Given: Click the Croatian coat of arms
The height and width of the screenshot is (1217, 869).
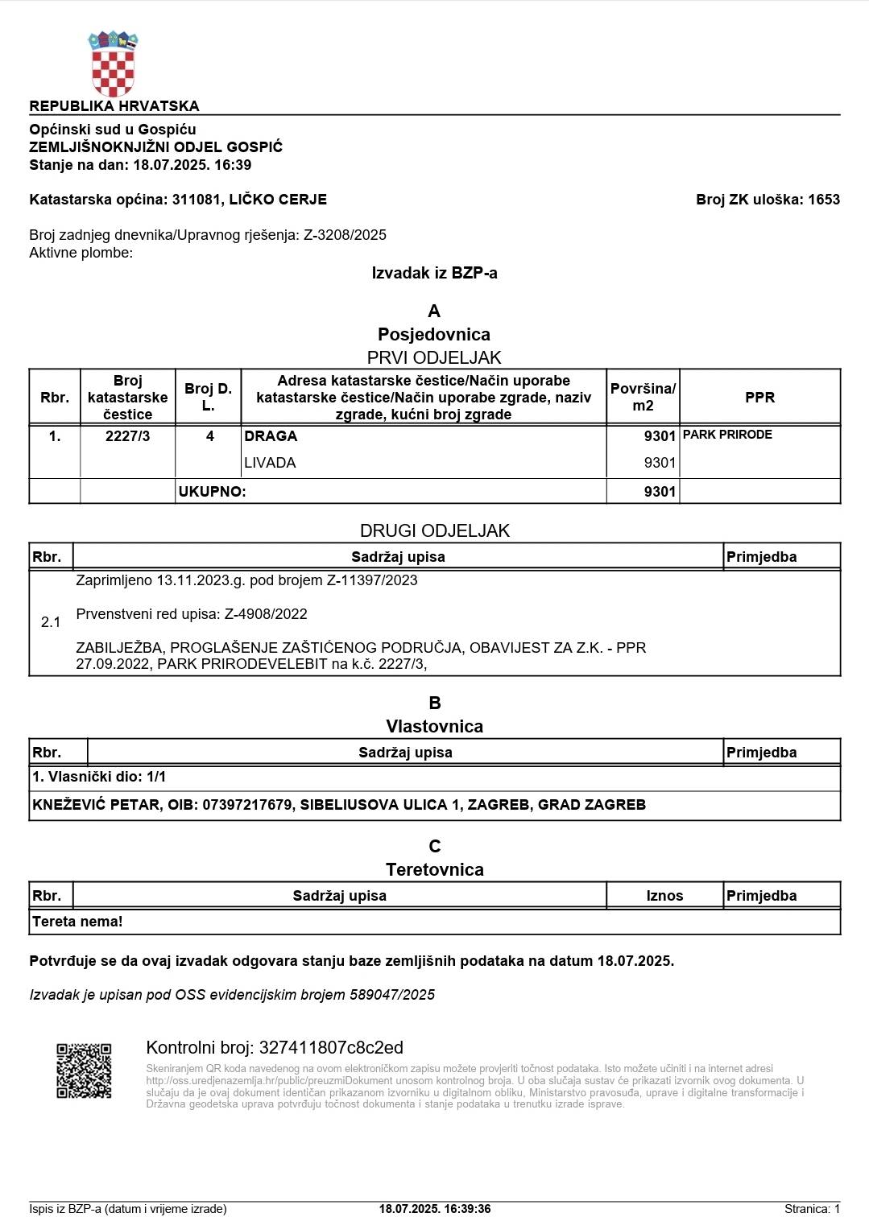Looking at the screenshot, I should (x=113, y=64).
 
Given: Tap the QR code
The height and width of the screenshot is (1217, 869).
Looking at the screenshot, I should (x=84, y=1071).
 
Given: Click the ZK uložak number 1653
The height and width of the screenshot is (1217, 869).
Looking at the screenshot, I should (x=823, y=200).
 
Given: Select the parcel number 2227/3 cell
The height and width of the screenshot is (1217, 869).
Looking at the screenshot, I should (x=127, y=436).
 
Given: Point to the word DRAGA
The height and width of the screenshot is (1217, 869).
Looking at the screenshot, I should (x=271, y=436).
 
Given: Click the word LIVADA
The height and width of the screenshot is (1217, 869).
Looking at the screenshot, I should (x=270, y=463).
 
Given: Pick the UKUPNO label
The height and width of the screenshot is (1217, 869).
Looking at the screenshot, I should (x=212, y=492).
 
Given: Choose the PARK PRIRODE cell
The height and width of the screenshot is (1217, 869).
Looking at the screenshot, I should (x=727, y=435).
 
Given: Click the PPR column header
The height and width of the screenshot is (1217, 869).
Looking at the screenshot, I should (x=759, y=398).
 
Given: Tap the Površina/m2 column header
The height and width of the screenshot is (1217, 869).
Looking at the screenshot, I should (x=643, y=398).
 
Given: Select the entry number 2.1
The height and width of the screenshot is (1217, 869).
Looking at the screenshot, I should (x=51, y=622).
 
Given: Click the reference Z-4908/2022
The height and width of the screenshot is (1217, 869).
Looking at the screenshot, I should (x=266, y=614).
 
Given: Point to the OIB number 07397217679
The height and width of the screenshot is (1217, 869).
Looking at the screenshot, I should (x=247, y=805).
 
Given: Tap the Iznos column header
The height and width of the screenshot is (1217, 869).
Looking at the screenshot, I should (x=664, y=896).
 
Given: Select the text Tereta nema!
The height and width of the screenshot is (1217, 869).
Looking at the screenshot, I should (x=77, y=922).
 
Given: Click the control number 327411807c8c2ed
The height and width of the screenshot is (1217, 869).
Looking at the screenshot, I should (x=331, y=1048).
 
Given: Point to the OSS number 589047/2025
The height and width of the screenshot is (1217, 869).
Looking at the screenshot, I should (x=392, y=995).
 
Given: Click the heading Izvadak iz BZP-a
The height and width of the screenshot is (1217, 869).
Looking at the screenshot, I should (x=434, y=273).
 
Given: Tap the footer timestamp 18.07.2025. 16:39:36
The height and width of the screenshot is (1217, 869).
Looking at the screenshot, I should (x=435, y=1209).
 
